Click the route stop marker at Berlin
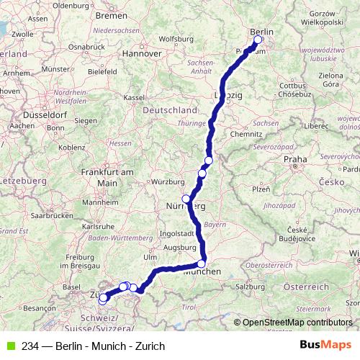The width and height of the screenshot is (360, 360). tap(258, 40)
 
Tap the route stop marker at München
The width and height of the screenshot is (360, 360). tap(202, 264)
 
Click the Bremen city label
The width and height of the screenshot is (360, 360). tap(111, 14)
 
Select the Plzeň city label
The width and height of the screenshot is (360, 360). tap(260, 189)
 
